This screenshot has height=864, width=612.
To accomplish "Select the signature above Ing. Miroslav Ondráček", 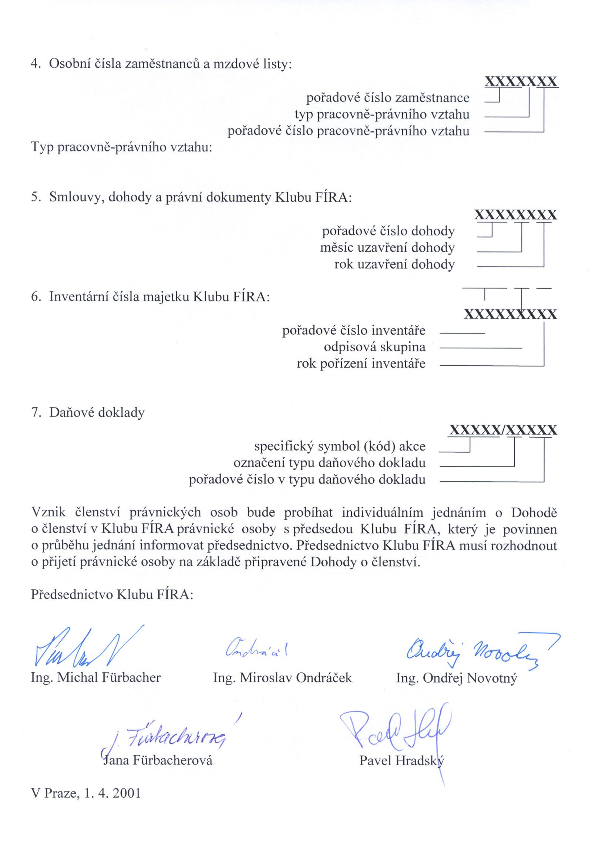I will click(x=256, y=649).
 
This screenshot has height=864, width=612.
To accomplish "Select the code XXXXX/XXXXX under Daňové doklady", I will click(x=503, y=430).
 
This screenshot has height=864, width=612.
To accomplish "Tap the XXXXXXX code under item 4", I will click(x=521, y=81).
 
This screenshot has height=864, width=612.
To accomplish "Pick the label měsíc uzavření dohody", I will click(x=387, y=248).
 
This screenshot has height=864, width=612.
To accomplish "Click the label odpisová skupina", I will click(x=374, y=347).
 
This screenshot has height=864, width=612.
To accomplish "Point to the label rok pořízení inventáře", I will click(x=361, y=364).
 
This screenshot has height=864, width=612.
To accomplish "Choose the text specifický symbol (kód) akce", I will click(x=340, y=446).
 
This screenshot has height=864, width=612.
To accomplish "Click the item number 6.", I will click(x=36, y=297).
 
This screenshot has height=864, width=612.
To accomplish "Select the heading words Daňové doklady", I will click(x=97, y=412).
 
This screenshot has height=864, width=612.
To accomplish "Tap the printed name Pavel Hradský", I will click(x=401, y=760).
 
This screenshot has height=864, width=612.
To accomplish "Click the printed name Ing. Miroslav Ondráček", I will click(x=282, y=678).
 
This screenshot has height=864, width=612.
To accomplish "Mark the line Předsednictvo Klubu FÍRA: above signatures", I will click(x=112, y=595).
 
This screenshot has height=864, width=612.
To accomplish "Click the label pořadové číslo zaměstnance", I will click(x=387, y=98).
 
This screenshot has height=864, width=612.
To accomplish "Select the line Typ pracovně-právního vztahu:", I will click(x=121, y=147).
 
